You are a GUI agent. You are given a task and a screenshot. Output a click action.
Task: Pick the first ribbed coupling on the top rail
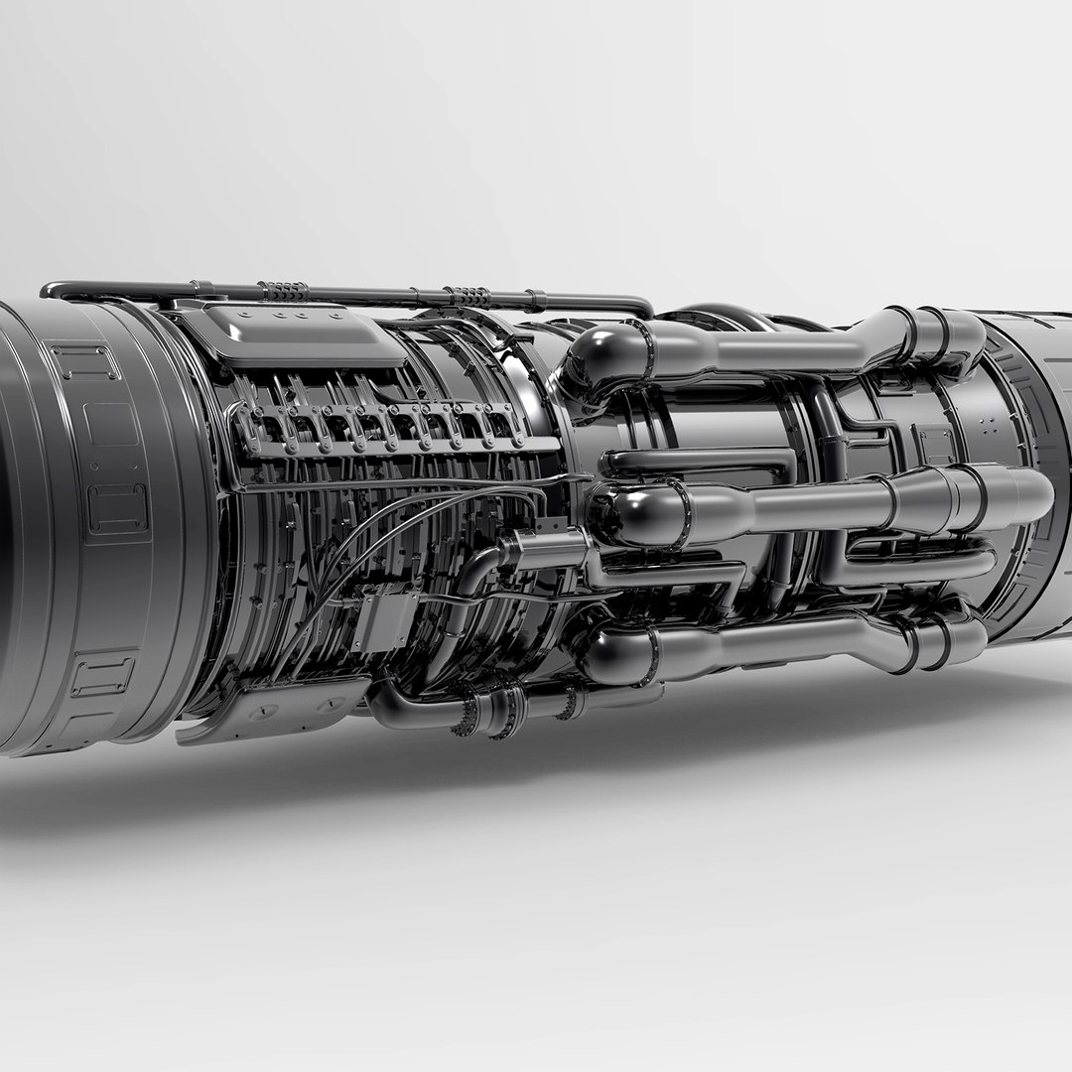(x=285, y=292)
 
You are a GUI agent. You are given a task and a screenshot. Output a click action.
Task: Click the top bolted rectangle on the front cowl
(x=84, y=361)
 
